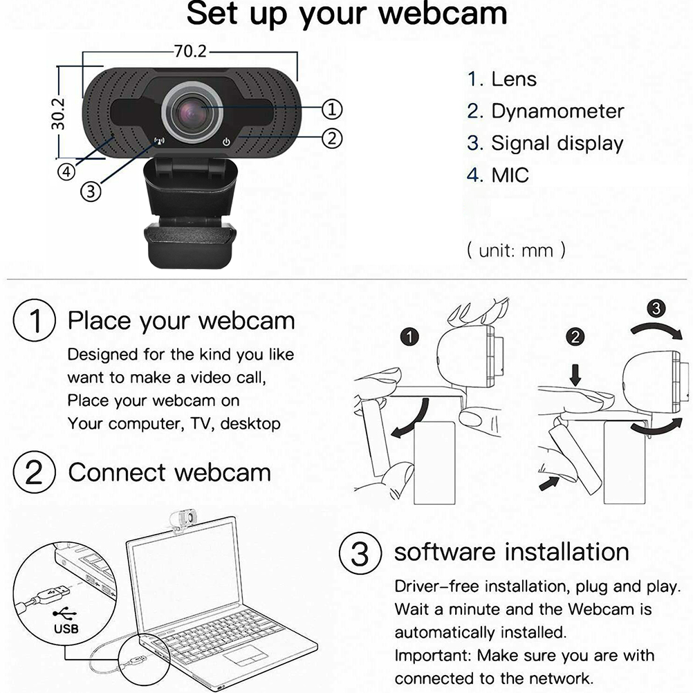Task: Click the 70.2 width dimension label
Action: (x=190, y=51)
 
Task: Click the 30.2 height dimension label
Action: (x=58, y=114)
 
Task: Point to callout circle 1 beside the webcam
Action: (x=331, y=109)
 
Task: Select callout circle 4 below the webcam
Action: (x=66, y=172)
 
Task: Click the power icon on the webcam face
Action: (x=226, y=142)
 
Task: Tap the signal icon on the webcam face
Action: (x=159, y=141)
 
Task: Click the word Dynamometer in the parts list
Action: (x=557, y=111)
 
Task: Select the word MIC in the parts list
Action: (x=510, y=175)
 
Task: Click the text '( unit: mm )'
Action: (x=516, y=250)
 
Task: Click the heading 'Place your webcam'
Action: (x=181, y=322)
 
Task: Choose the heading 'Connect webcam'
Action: (x=169, y=472)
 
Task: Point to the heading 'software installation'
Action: (x=511, y=552)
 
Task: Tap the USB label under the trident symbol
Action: (x=66, y=629)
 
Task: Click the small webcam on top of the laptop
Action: (x=182, y=520)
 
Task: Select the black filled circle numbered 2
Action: (x=575, y=338)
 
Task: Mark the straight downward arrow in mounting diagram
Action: (x=575, y=375)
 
